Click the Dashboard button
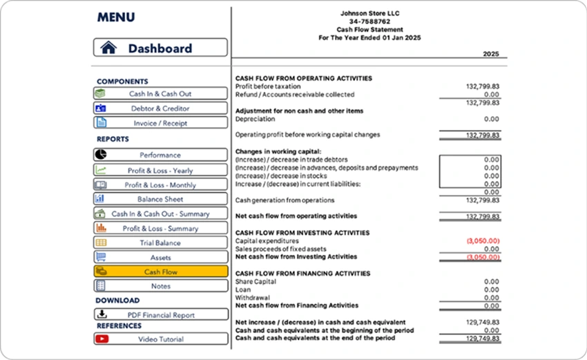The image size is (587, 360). [160, 48]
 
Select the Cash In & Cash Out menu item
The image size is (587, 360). [160, 94]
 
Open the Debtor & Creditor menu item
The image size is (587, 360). [160, 108]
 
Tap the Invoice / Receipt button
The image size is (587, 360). [160, 123]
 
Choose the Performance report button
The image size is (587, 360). [160, 155]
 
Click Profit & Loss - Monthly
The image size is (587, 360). [160, 185]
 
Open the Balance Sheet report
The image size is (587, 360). [160, 200]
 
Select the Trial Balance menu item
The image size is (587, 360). [160, 243]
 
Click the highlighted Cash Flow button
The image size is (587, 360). [160, 272]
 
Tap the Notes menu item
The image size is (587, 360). [160, 286]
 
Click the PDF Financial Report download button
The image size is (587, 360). [160, 315]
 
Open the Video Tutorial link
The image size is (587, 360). [160, 339]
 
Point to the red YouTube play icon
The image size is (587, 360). [102, 339]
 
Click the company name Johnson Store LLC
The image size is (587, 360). [369, 13]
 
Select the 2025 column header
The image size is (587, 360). [490, 55]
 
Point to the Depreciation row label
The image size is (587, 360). [255, 119]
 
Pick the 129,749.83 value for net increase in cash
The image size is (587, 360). [483, 323]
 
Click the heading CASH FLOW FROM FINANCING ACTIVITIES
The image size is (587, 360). [302, 274]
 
